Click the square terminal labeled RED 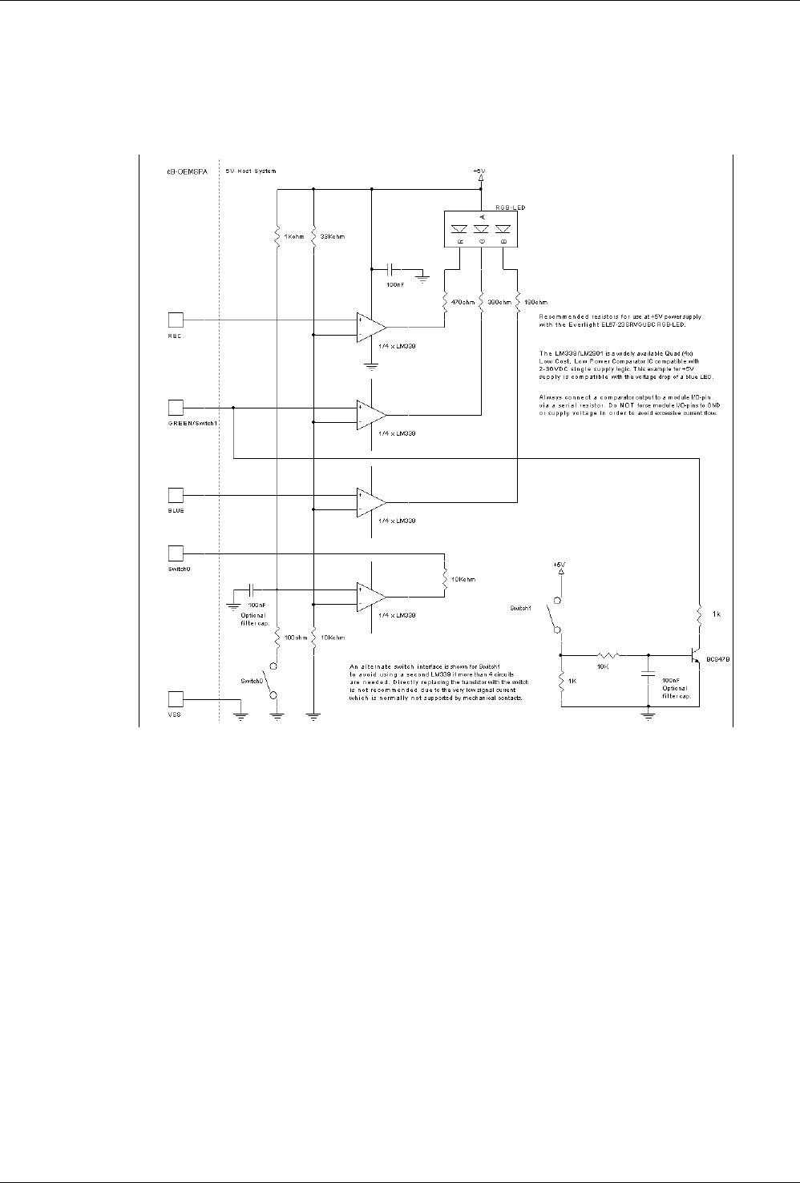pyautogui.click(x=176, y=320)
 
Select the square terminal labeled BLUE pyautogui.click(x=176, y=494)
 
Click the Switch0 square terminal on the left pyautogui.click(x=176, y=552)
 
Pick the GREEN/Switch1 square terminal pyautogui.click(x=176, y=406)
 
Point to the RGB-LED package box pyautogui.click(x=480, y=227)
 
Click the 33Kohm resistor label pyautogui.click(x=332, y=237)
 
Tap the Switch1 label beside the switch pyautogui.click(x=522, y=609)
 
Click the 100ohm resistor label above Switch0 pyautogui.click(x=292, y=638)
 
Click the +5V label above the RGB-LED pyautogui.click(x=480, y=171)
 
